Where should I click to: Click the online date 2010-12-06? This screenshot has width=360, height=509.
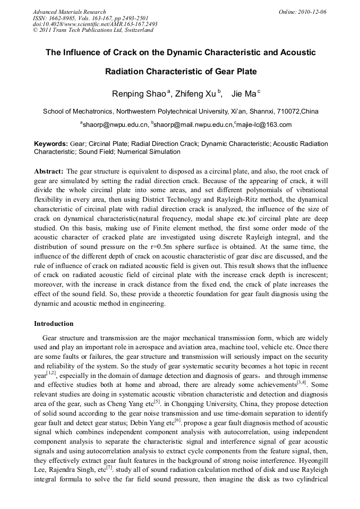(313, 12)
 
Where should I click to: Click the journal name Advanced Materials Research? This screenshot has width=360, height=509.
(69, 12)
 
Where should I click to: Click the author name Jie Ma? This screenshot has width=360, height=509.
(244, 94)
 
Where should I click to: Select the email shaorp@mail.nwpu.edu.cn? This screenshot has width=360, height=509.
(193, 125)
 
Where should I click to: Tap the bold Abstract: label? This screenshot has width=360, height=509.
(49, 171)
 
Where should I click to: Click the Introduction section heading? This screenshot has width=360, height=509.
(54, 323)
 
